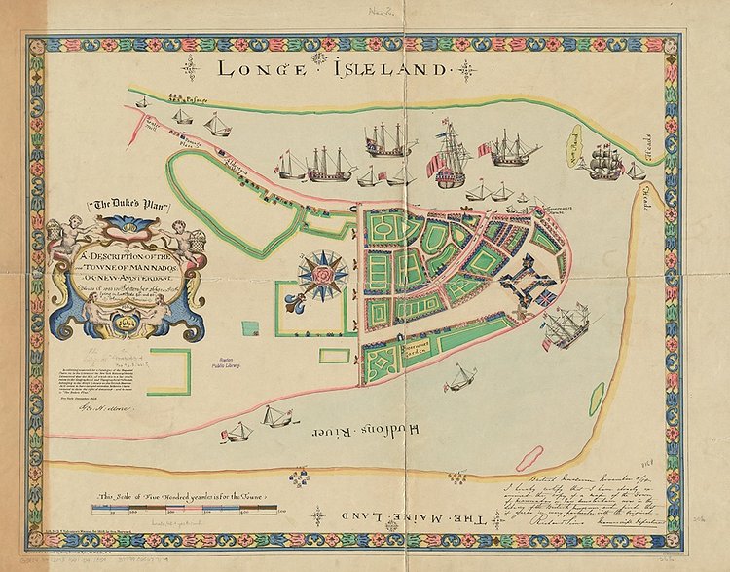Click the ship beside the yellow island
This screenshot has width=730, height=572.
(608, 160)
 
